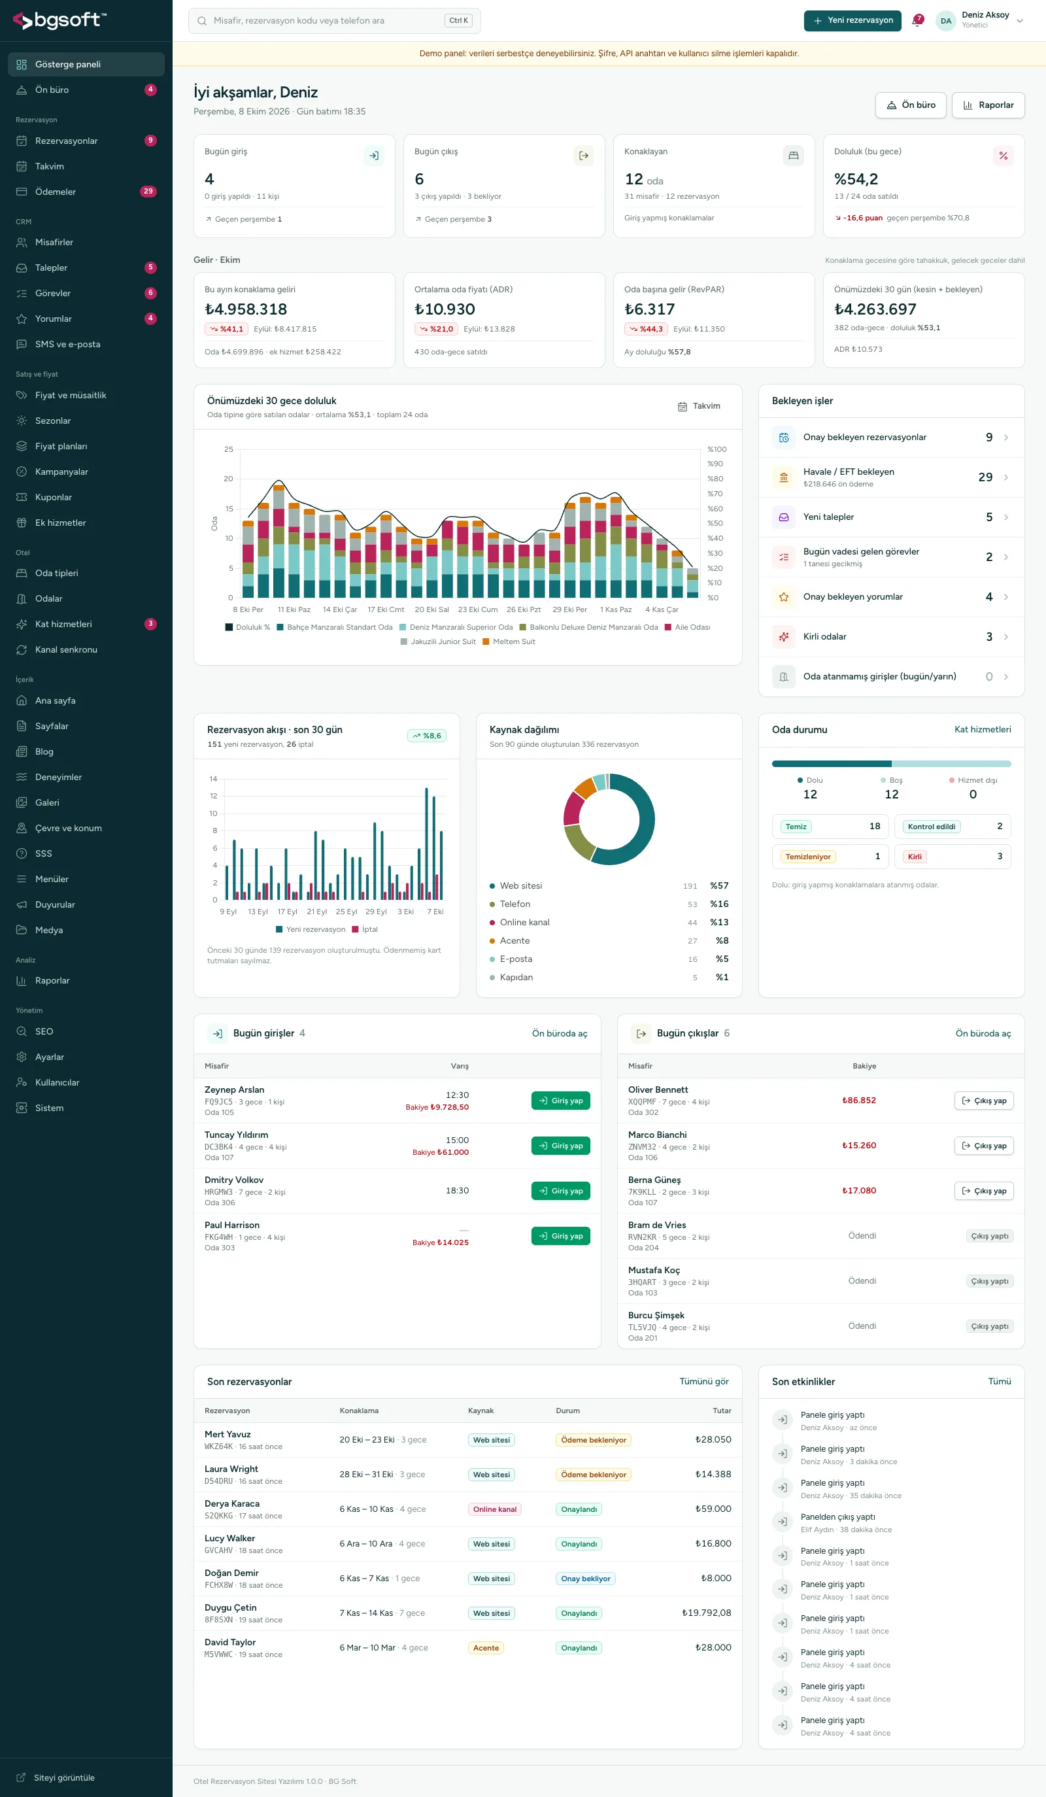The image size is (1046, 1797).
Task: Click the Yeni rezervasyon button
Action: click(852, 21)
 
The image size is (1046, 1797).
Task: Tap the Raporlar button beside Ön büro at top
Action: click(988, 105)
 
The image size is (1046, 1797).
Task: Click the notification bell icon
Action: click(917, 21)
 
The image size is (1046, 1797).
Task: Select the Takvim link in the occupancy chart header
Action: click(699, 405)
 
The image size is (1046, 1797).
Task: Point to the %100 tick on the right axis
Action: click(717, 449)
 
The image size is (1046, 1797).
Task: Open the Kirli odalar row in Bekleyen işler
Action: click(891, 637)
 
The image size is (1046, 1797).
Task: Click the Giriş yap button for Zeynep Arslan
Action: click(560, 1101)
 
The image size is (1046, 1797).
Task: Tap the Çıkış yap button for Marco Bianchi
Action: click(984, 1145)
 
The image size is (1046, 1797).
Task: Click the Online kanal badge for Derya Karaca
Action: click(495, 1509)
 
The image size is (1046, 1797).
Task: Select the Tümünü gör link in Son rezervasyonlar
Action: click(703, 1381)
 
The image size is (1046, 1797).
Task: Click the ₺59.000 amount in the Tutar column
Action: click(713, 1509)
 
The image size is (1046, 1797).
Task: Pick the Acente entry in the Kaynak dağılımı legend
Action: click(514, 940)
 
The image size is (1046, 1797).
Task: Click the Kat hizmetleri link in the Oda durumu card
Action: click(983, 730)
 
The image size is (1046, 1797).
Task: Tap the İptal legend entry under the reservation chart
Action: click(364, 929)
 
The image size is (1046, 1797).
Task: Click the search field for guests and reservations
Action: click(335, 21)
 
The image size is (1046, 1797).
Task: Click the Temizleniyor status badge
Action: click(808, 857)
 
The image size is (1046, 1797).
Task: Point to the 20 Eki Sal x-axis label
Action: click(431, 609)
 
